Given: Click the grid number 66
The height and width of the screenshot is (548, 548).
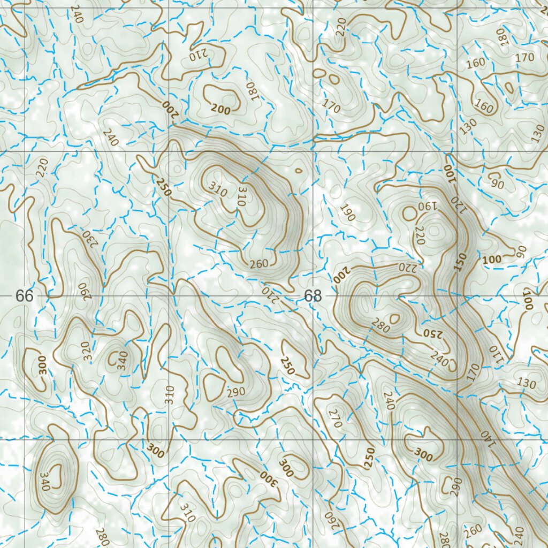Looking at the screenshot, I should (x=25, y=295).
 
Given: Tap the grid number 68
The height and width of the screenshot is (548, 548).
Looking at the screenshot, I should (x=313, y=295).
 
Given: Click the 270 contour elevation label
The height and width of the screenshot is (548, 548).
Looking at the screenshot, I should (x=336, y=418).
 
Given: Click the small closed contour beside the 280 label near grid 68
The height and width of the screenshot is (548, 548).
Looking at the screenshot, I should (x=395, y=319).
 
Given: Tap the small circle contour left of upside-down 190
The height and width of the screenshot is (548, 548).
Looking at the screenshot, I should (x=409, y=214).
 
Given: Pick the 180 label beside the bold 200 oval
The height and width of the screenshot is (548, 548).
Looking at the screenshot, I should (x=251, y=91).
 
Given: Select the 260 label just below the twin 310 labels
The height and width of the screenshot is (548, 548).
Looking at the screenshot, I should (x=258, y=263).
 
